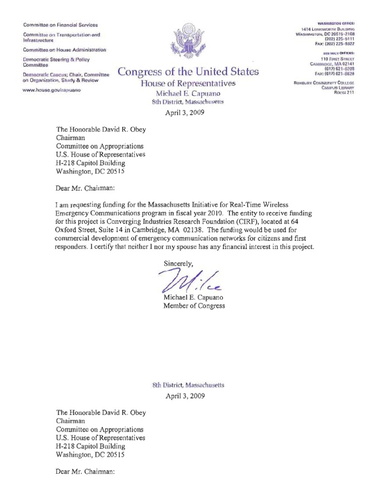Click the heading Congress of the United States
click(189, 73)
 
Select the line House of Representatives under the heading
click(189, 83)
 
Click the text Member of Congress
click(194, 306)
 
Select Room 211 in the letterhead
click(344, 93)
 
